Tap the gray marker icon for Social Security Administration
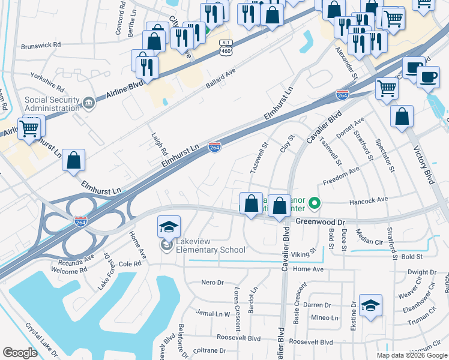coord(89,103)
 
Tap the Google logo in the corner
coord(20,353)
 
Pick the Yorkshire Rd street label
coord(47,77)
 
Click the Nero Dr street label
coord(212,282)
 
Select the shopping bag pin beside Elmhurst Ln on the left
coord(73,160)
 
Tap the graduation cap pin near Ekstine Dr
coord(370,305)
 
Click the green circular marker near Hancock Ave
coord(313,205)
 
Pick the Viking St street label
coord(304,251)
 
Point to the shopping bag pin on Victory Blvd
coord(402,117)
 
